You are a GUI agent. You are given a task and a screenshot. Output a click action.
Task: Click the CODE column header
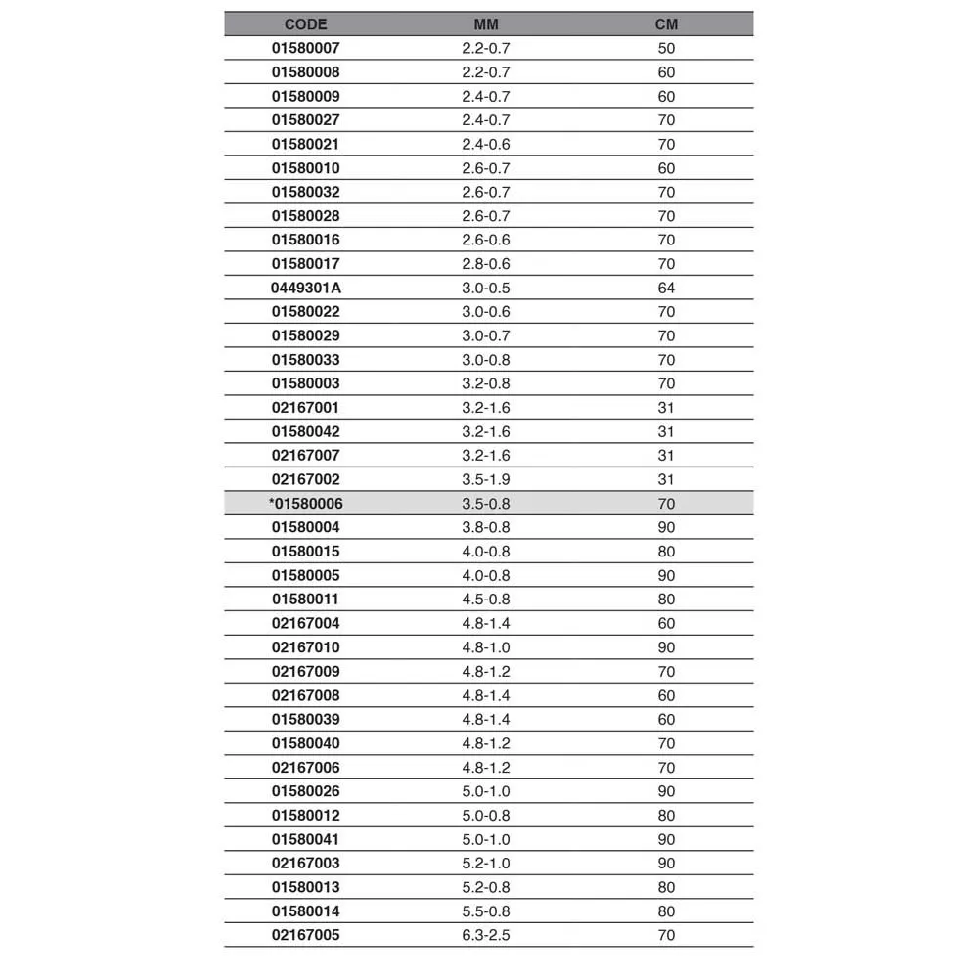(305, 24)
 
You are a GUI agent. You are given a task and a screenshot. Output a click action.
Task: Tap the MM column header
(486, 24)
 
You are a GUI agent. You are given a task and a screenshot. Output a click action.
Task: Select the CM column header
(666, 24)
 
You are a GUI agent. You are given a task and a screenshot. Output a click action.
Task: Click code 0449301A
(306, 288)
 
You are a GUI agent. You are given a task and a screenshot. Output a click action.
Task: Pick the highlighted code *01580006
(306, 504)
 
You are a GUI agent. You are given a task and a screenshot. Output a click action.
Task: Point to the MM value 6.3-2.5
(486, 935)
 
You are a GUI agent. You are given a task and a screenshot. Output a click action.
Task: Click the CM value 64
(666, 288)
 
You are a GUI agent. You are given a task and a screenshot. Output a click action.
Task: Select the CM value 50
(666, 48)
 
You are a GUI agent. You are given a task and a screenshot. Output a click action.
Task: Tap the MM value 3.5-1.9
(486, 479)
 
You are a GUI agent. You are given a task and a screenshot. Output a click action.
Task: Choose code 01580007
(306, 48)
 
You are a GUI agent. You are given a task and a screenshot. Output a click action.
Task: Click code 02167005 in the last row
(306, 935)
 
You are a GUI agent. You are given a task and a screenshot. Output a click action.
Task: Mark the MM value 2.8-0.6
(486, 264)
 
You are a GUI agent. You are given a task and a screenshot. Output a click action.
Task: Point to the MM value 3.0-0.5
(486, 288)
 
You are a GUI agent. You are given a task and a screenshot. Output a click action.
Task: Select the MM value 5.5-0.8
(486, 911)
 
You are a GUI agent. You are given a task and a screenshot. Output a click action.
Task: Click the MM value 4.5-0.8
(486, 600)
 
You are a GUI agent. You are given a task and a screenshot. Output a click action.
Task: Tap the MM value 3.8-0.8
(486, 527)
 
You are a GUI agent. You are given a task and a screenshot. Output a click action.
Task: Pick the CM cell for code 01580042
(666, 431)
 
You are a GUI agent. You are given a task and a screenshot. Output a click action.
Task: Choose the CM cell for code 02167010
(666, 647)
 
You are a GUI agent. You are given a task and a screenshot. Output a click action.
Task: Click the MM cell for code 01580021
(486, 144)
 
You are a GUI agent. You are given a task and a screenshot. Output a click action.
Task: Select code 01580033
(306, 360)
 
